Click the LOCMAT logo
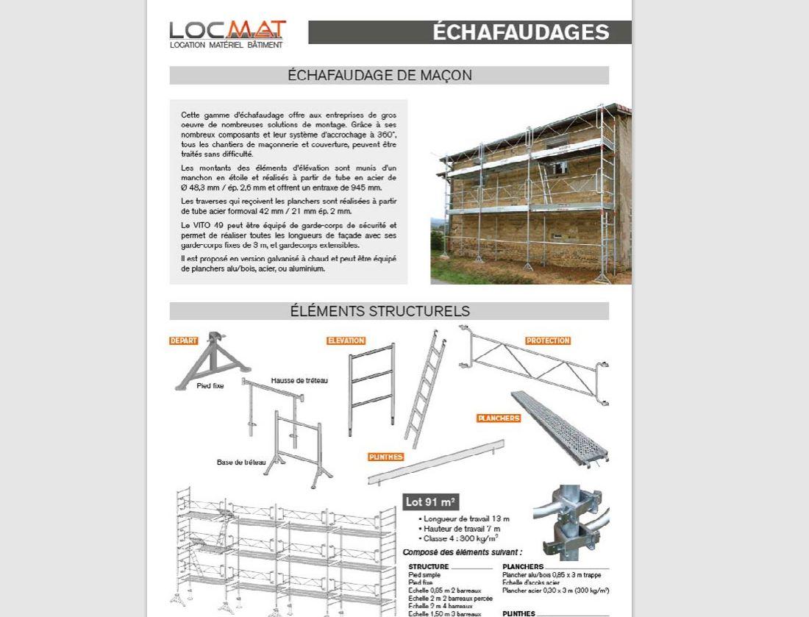(x=227, y=34)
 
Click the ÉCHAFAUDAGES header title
(x=520, y=32)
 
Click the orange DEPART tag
(x=184, y=340)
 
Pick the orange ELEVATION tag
(x=346, y=340)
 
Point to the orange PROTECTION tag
(x=548, y=340)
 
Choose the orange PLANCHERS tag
(x=499, y=418)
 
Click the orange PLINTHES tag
(x=386, y=457)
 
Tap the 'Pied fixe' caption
(x=210, y=385)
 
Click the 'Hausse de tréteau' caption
(x=299, y=380)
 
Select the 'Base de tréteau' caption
(x=241, y=463)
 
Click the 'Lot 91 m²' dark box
(x=431, y=502)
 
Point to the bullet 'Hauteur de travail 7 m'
(x=461, y=529)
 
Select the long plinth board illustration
(x=436, y=462)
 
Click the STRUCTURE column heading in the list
(x=429, y=567)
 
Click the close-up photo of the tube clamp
(x=571, y=521)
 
